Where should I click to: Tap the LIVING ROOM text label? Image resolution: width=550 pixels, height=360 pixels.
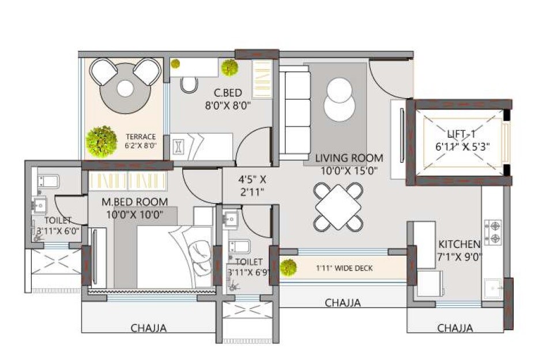point(348,157)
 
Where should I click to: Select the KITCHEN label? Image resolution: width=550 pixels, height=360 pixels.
point(459,243)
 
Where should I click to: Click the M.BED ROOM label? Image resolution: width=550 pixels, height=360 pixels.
point(135,202)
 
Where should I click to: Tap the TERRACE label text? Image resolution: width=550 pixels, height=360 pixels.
point(141,137)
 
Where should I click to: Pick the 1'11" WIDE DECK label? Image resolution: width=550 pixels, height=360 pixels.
point(344,268)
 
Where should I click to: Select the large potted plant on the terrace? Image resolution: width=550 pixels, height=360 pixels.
point(101,140)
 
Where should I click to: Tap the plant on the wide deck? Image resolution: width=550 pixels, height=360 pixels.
point(288,267)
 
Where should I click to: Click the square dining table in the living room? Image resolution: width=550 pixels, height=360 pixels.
point(338,206)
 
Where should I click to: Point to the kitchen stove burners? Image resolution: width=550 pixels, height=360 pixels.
point(494,231)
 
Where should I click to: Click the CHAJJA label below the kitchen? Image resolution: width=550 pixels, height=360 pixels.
point(455,328)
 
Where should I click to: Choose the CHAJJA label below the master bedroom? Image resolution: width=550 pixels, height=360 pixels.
point(148,328)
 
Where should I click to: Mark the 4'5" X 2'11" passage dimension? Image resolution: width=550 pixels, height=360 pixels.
point(252,185)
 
